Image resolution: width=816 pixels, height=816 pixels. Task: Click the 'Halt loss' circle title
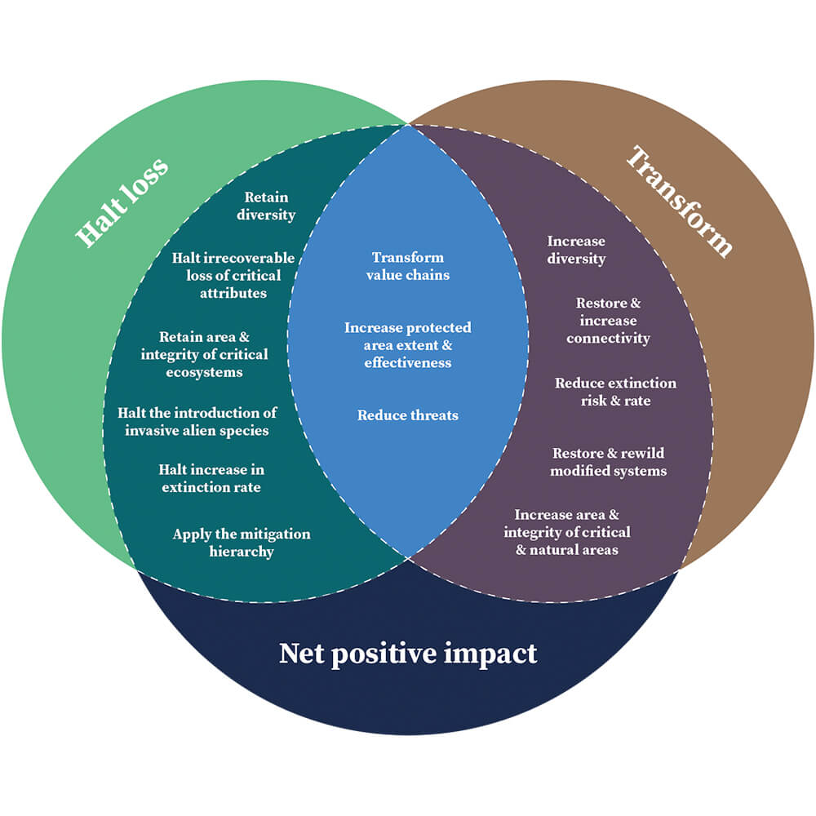click(x=122, y=201)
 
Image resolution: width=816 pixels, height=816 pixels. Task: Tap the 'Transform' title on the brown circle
click(x=679, y=201)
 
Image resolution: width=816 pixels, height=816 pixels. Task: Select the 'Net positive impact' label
click(x=408, y=654)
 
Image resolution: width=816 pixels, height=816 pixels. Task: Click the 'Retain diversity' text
click(x=266, y=206)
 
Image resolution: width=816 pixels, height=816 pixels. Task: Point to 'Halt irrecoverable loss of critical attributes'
click(x=233, y=275)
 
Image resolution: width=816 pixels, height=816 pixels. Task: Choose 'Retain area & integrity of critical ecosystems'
click(x=203, y=354)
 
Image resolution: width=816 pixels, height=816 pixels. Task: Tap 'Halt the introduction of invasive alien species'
click(x=197, y=421)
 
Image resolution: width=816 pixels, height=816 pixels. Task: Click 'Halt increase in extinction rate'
click(x=211, y=478)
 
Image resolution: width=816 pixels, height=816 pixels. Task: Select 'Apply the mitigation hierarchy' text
click(x=241, y=543)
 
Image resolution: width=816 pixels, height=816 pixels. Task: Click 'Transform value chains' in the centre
click(x=408, y=266)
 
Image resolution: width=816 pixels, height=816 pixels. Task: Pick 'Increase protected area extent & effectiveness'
click(x=407, y=345)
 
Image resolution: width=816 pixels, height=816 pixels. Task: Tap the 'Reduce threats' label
click(x=408, y=415)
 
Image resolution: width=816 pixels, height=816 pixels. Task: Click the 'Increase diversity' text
click(x=576, y=250)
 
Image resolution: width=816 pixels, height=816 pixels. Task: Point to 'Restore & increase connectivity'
click(x=608, y=321)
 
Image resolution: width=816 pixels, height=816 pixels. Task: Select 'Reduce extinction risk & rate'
click(x=615, y=392)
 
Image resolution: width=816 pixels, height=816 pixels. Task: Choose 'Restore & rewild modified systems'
click(x=608, y=462)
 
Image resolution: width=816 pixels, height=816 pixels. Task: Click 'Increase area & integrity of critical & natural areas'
click(x=566, y=532)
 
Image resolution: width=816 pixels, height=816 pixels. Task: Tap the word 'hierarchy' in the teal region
click(x=241, y=552)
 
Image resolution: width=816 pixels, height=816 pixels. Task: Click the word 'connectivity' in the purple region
click(x=608, y=338)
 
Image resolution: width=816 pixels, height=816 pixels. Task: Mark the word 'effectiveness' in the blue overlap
click(x=407, y=362)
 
